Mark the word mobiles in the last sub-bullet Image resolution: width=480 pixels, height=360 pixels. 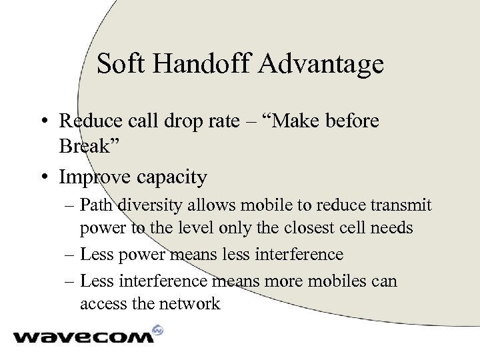[x=325, y=281]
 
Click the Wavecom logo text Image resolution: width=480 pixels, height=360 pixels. [x=83, y=337]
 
